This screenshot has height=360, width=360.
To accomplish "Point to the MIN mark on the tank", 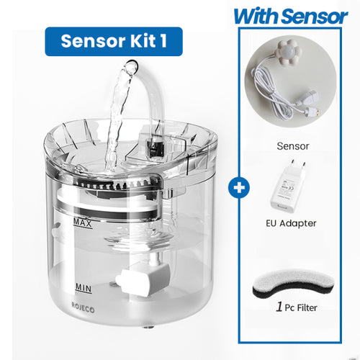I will tap(84, 287).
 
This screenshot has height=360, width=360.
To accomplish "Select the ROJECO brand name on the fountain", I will tap(86, 313).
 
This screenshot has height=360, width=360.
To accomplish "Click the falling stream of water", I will tap(114, 122).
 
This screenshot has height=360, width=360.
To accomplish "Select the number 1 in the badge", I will tap(165, 41).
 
